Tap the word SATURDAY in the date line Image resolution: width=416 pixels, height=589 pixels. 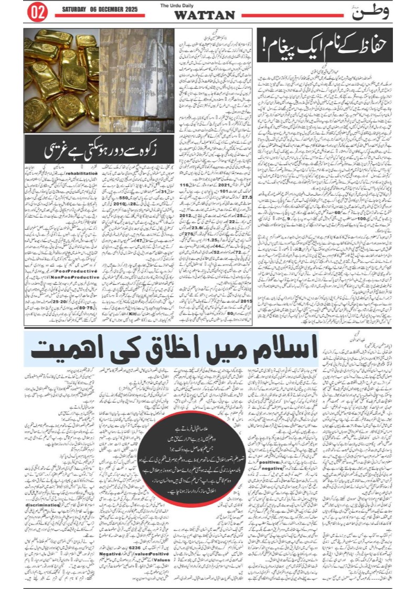(x=77, y=9)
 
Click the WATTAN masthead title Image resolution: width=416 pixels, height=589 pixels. (x=204, y=15)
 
